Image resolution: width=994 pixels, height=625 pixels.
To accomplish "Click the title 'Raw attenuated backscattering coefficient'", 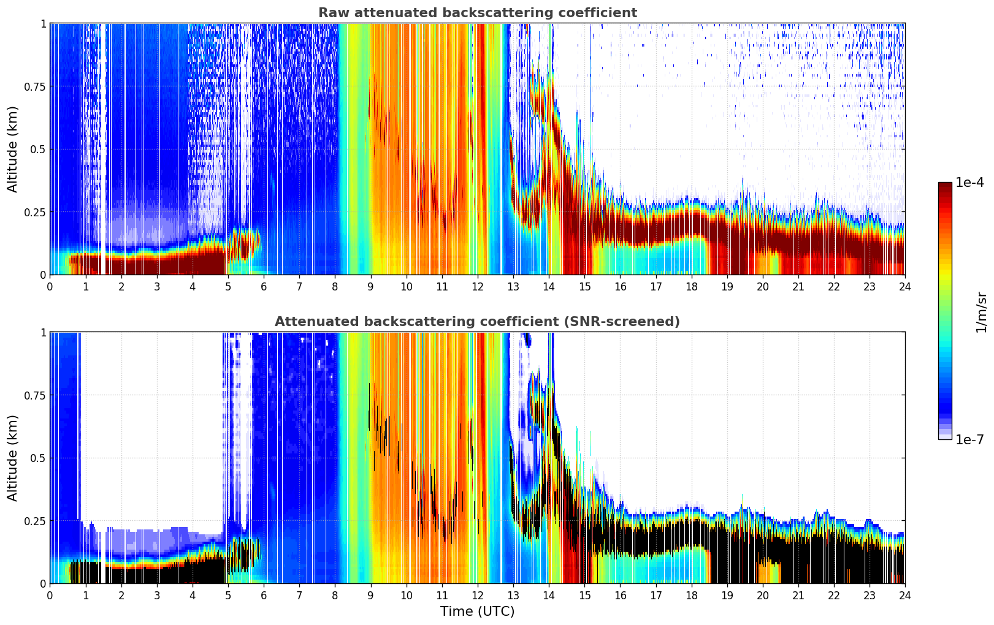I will pos(477,13).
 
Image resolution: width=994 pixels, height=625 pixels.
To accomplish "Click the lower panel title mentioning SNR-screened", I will pos(477,322).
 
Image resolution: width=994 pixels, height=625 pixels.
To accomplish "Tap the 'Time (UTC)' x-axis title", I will pos(477,612).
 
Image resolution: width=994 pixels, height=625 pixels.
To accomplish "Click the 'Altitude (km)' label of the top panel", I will pos(12,149).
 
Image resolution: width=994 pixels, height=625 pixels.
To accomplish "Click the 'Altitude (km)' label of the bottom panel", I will pos(12,458).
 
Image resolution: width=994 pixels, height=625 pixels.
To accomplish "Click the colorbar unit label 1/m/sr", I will pos(981,312).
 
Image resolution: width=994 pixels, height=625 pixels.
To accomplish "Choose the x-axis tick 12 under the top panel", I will pos(477,287).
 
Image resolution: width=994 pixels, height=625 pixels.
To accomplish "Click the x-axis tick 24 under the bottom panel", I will pos(905,596).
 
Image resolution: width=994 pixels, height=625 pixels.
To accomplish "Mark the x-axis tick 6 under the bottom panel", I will pos(264,596).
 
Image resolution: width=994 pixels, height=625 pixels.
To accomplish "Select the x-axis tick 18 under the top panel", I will pos(691,287).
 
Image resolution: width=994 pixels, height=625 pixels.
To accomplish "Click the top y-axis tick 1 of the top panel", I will pos(43,23).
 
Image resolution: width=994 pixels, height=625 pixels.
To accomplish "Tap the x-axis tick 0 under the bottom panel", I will pos(50,596).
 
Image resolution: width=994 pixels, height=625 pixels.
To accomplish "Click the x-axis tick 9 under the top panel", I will pos(370,287).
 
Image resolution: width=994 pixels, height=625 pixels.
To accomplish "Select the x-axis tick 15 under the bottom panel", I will pos(584,596).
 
